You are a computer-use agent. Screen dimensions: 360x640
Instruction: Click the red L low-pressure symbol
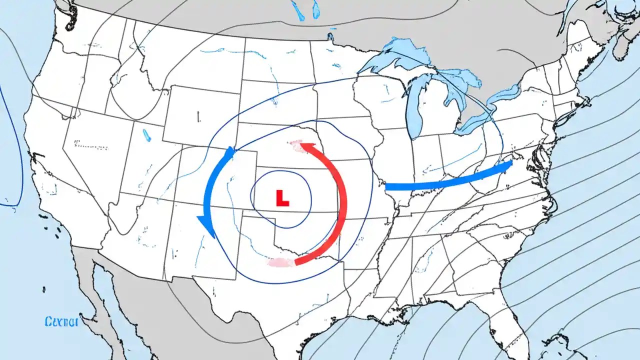tap(282, 198)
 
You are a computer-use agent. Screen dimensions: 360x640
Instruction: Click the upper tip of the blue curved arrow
tap(231, 151)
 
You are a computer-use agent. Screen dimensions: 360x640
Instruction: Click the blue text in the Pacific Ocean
tap(61, 321)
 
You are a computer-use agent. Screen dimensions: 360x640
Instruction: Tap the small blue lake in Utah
tap(146, 135)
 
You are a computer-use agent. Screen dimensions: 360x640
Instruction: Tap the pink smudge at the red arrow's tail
tap(280, 262)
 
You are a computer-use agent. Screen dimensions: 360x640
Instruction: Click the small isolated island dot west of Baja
tap(44, 289)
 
